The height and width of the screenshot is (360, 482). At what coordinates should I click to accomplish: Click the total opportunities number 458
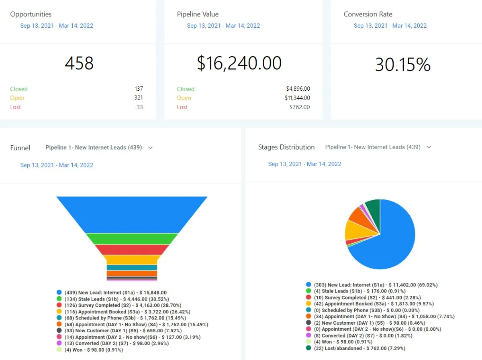tap(79, 63)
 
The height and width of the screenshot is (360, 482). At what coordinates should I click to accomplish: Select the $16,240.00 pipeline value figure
tap(239, 63)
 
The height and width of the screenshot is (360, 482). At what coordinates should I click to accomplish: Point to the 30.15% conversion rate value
tap(402, 65)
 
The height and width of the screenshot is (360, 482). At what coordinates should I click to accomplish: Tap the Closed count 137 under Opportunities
tap(139, 89)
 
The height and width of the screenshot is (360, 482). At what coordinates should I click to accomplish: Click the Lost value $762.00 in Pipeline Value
tap(299, 107)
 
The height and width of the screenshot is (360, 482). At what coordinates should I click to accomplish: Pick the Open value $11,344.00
tap(297, 98)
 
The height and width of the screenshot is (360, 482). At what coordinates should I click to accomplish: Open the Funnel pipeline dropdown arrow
tap(150, 148)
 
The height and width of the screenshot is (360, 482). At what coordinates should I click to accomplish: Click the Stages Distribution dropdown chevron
tap(429, 147)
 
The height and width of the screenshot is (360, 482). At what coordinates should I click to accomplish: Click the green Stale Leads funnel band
tap(132, 239)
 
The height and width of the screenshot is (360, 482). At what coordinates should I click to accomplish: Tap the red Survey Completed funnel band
tap(132, 250)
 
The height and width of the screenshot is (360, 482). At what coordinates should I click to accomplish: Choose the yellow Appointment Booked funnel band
tap(132, 260)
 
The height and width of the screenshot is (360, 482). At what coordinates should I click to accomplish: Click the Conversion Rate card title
tap(368, 14)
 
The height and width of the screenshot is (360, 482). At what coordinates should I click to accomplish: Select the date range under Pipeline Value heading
tap(223, 26)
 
